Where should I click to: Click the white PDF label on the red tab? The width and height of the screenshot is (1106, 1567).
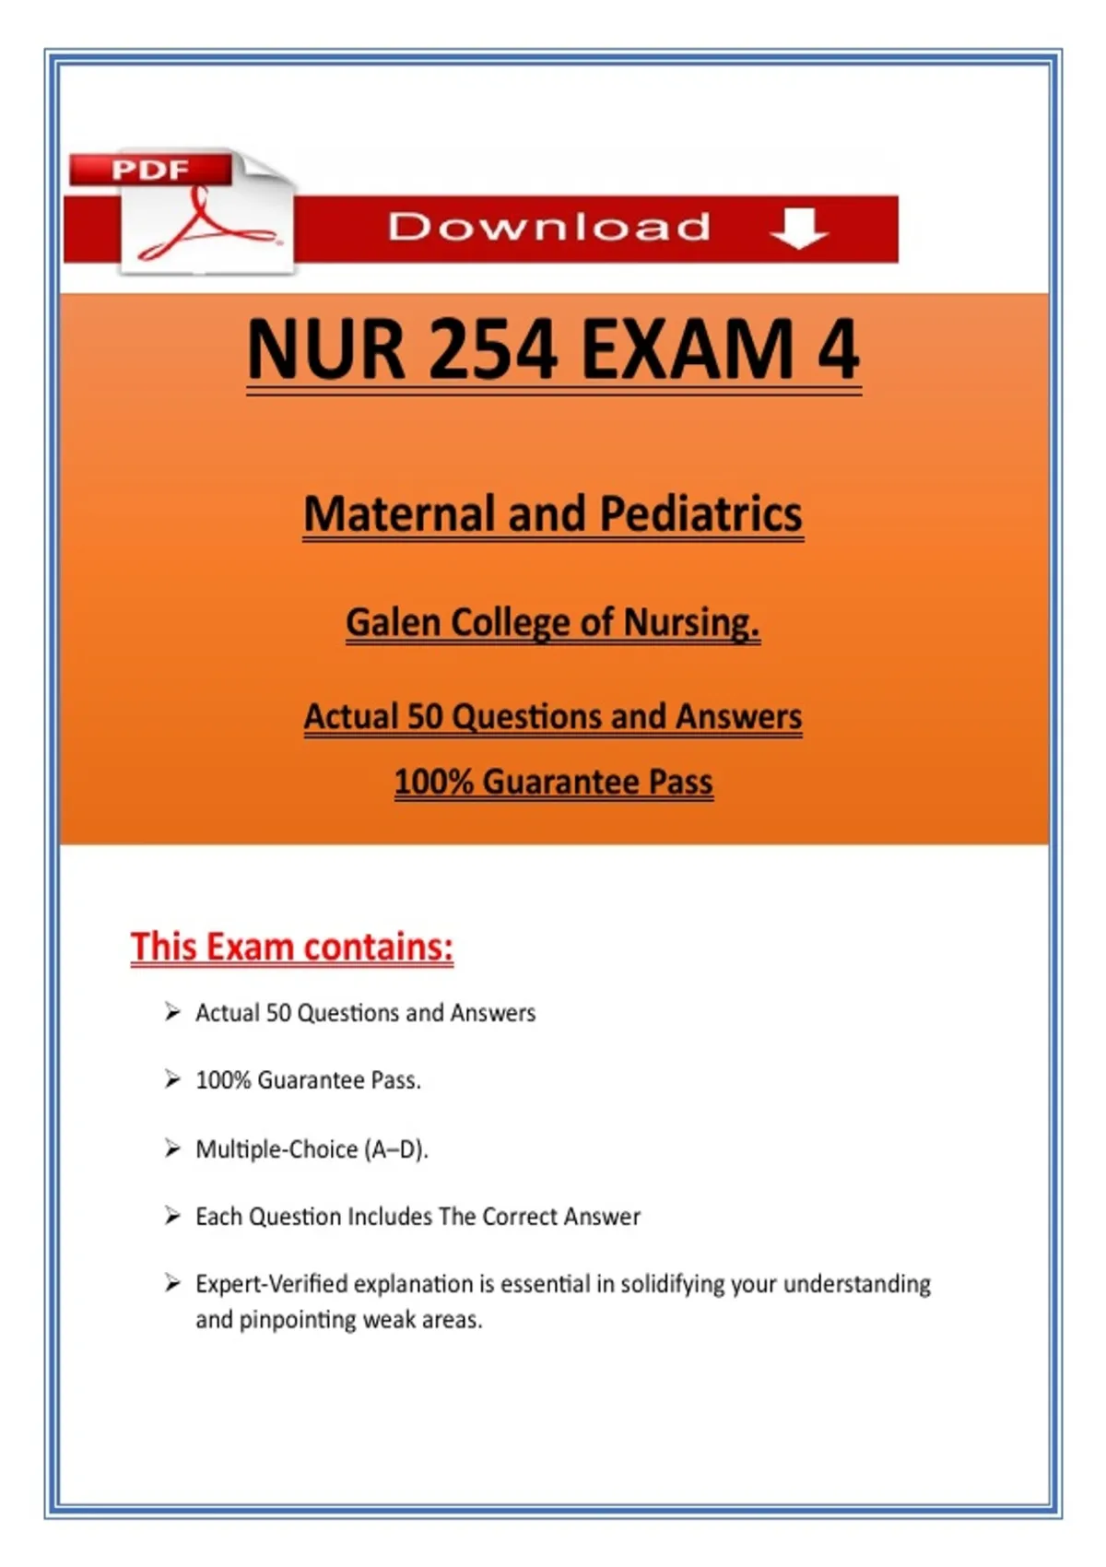pyautogui.click(x=149, y=170)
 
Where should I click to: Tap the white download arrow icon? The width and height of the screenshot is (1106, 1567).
pyautogui.click(x=798, y=228)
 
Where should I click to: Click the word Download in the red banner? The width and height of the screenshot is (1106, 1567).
pyautogui.click(x=549, y=227)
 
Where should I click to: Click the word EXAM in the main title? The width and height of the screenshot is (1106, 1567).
pyautogui.click(x=687, y=350)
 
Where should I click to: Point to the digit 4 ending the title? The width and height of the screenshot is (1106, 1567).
pyautogui.click(x=838, y=350)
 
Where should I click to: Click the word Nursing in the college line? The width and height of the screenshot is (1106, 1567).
pyautogui.click(x=691, y=622)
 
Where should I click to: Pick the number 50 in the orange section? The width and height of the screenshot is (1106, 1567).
pyautogui.click(x=425, y=716)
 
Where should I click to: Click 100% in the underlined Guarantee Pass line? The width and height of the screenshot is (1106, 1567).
pyautogui.click(x=433, y=782)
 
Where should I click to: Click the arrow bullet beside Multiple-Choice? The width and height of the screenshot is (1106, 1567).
pyautogui.click(x=172, y=1148)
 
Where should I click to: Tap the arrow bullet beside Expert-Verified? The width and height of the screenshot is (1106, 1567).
pyautogui.click(x=172, y=1283)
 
